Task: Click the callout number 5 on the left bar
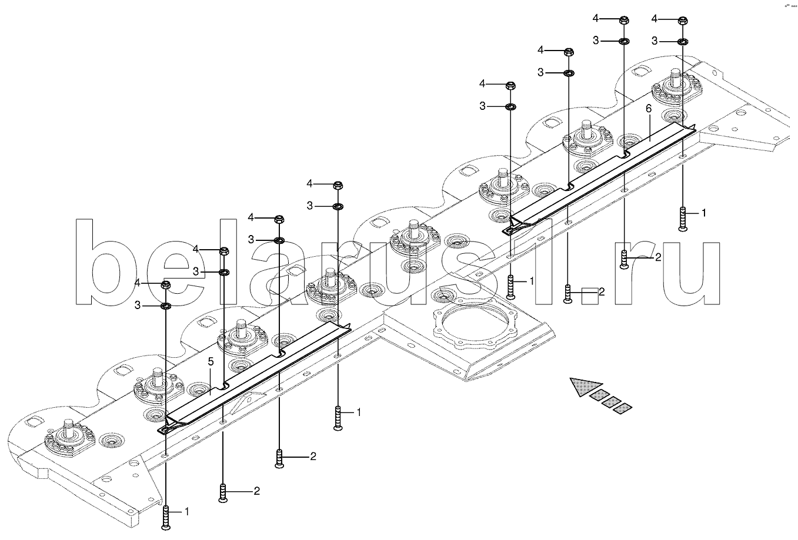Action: pyautogui.click(x=211, y=362)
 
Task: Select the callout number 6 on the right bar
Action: pyautogui.click(x=649, y=109)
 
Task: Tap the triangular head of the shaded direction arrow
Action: pyautogui.click(x=585, y=386)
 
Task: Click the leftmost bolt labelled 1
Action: pyautogui.click(x=166, y=518)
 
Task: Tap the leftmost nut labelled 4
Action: pyautogui.click(x=166, y=284)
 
